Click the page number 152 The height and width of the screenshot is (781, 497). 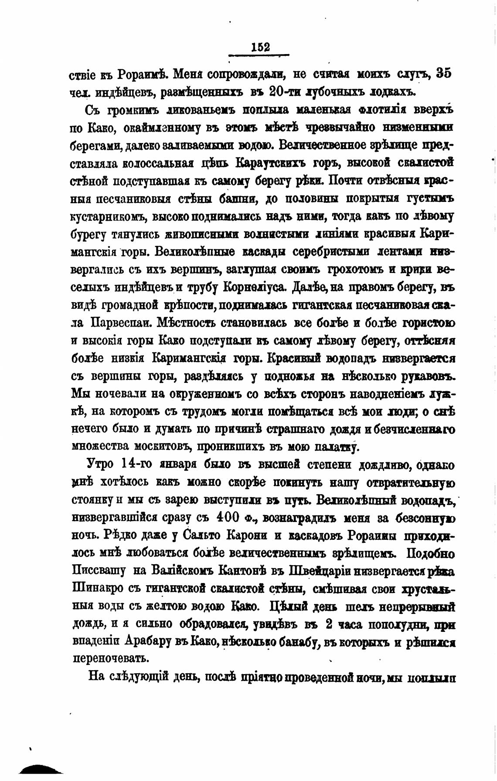tap(261, 47)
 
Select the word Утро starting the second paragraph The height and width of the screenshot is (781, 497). tap(102, 465)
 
